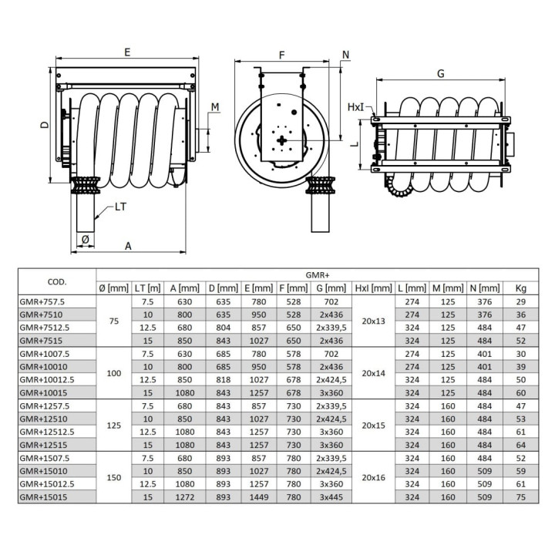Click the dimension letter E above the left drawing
pos(127,52)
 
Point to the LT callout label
pos(120,207)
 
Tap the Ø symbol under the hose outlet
pos(86,240)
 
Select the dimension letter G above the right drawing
pos(441,74)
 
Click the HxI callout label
pos(355,107)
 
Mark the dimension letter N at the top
pos(346,55)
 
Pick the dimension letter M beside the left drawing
pos(215,107)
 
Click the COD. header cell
pos(57,282)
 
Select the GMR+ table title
pos(318,275)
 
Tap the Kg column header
pos(520,288)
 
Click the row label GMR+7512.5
pos(45,328)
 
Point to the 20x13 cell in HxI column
pos(373,321)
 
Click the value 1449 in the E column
pos(259,497)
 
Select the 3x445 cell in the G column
pos(331,497)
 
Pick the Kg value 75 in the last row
pos(520,497)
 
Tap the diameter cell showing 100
pos(114,373)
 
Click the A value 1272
pos(185,497)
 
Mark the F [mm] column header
pos(294,288)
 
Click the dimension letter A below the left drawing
pos(128,246)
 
